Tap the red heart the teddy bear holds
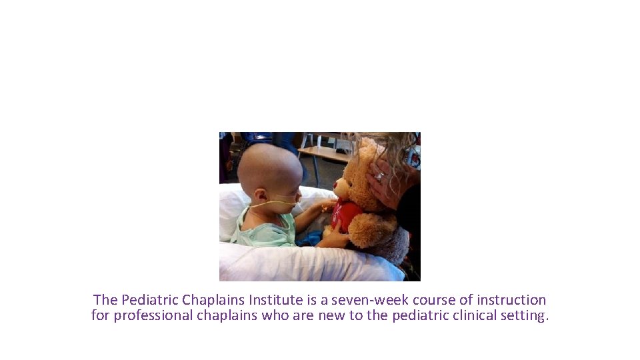[x=346, y=215]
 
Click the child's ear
[x=261, y=195]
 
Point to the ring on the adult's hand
[x=380, y=176]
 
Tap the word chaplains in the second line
[x=227, y=315]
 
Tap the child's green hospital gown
[x=267, y=229]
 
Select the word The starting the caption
[x=105, y=300]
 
